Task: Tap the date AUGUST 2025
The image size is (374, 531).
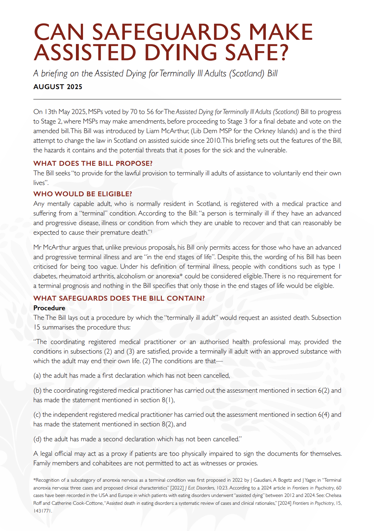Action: [x=58, y=87]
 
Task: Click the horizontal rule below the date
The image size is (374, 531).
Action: [x=187, y=99]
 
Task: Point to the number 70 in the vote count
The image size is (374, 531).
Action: [x=133, y=112]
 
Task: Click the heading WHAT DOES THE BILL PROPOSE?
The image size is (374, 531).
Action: [x=93, y=164]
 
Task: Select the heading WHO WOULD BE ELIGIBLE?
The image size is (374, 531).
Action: [x=83, y=194]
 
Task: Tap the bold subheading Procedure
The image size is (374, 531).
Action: [x=49, y=308]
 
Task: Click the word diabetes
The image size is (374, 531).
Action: [x=45, y=276]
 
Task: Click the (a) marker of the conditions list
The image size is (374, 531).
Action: [x=37, y=376]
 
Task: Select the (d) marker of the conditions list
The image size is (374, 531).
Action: [x=37, y=439]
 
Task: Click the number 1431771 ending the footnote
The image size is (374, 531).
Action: [x=43, y=511]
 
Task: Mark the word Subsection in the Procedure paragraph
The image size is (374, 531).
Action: [x=326, y=318]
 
